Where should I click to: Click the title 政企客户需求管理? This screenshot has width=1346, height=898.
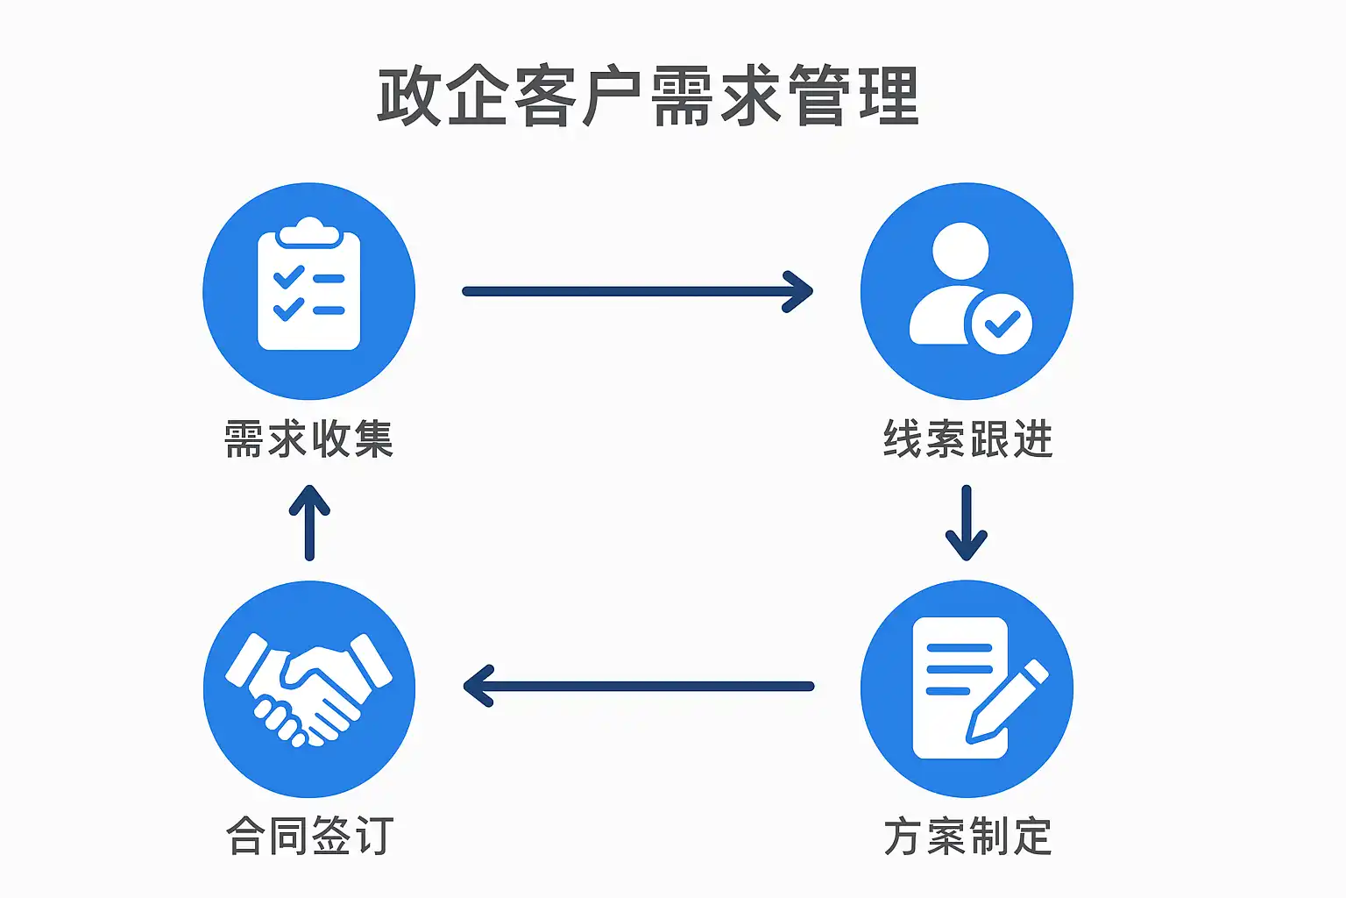(648, 95)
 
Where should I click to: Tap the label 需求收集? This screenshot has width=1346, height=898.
(308, 438)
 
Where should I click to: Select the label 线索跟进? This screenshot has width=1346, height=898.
(967, 438)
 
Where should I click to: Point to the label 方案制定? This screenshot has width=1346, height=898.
(967, 836)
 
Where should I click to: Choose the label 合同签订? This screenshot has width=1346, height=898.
(308, 836)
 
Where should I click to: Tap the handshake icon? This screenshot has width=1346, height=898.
(308, 689)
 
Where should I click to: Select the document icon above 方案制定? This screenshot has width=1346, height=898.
(960, 688)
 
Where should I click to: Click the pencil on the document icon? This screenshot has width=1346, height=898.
(1008, 702)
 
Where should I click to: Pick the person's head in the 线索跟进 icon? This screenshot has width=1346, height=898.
(960, 251)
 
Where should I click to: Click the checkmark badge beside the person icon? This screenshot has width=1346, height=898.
(1001, 324)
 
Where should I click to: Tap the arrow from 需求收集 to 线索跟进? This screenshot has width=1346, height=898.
(638, 291)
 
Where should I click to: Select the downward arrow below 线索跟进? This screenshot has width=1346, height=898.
(967, 523)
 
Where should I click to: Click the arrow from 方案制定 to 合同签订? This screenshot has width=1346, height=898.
(638, 687)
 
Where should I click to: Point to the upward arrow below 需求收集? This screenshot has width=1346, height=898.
(309, 523)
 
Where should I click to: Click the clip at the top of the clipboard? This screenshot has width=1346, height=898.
(308, 233)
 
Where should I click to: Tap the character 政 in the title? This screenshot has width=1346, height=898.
(408, 95)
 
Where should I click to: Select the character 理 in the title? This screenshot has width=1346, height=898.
(889, 95)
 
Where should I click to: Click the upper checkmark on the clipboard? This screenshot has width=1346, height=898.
(289, 278)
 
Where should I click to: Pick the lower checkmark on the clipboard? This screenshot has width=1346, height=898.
(289, 310)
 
